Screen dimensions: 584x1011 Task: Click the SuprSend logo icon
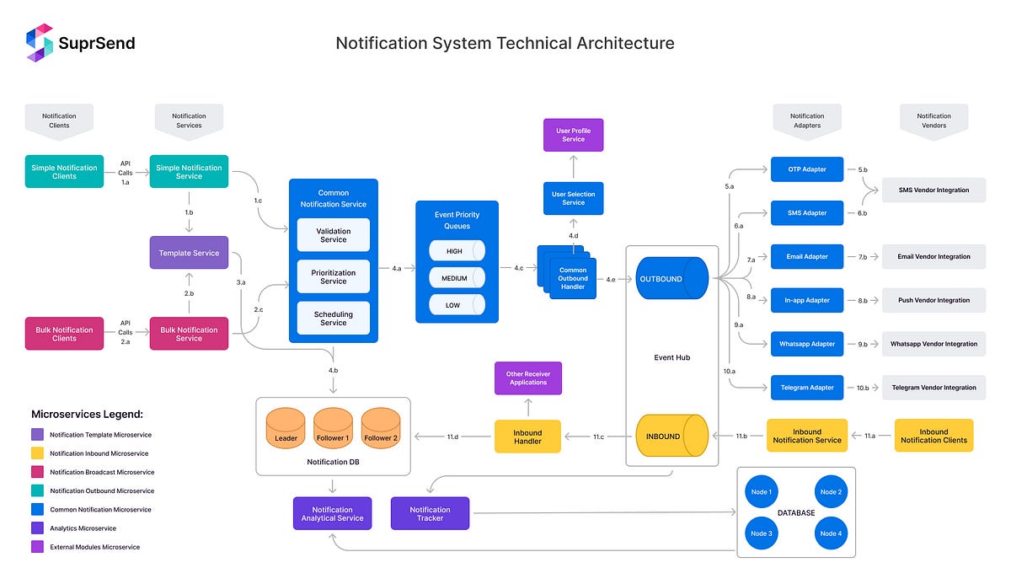(x=40, y=43)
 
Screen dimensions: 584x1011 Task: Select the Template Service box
(x=189, y=253)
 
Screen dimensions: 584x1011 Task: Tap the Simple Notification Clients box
(x=64, y=172)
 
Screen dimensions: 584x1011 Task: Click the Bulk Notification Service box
(x=189, y=334)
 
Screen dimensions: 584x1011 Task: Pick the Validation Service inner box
(x=333, y=235)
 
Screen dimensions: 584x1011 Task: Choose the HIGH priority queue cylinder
(x=457, y=250)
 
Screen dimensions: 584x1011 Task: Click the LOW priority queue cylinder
(x=457, y=305)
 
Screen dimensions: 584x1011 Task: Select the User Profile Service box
(x=573, y=135)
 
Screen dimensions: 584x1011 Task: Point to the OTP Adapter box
(x=806, y=169)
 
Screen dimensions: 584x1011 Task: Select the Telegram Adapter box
(x=806, y=388)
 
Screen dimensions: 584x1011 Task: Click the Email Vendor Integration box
(x=933, y=257)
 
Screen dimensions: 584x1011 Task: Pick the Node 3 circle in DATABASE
(x=761, y=533)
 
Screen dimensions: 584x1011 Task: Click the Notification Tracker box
(x=430, y=513)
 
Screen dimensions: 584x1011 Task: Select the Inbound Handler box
(x=527, y=437)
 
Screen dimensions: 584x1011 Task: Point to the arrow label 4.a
(x=396, y=268)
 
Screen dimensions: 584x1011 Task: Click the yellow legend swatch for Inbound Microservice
(x=38, y=453)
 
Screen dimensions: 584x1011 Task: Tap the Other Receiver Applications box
(x=527, y=378)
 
